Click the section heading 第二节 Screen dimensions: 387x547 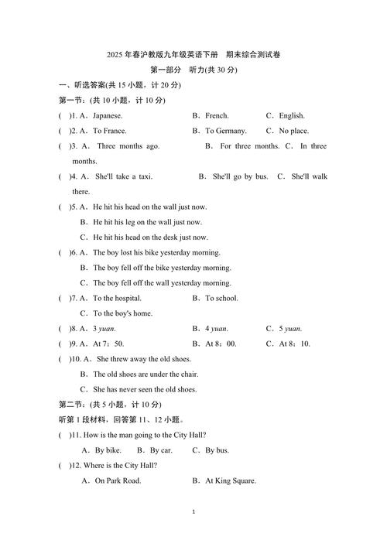[x=74, y=405]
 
